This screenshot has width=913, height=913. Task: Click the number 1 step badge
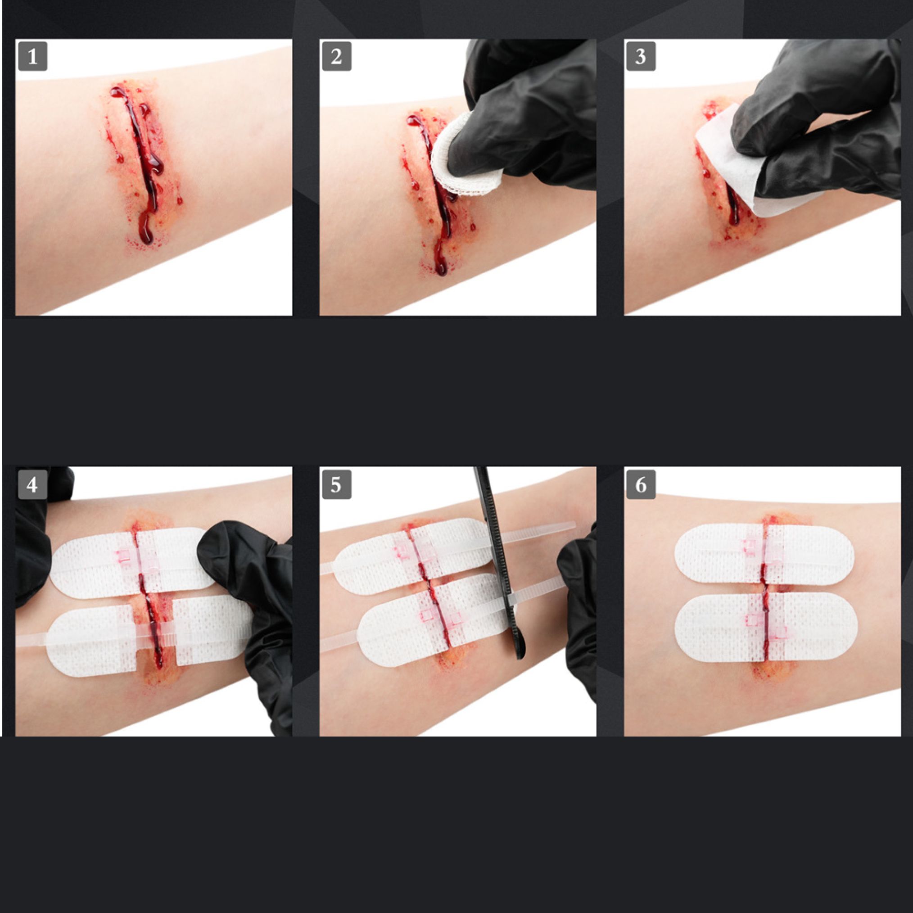click(32, 57)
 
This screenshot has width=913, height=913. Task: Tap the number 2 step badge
click(336, 57)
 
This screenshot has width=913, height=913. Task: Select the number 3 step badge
click(641, 57)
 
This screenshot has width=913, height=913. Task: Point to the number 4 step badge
click(32, 484)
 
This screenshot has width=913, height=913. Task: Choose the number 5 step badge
click(336, 484)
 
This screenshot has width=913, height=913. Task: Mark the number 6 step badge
click(641, 484)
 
